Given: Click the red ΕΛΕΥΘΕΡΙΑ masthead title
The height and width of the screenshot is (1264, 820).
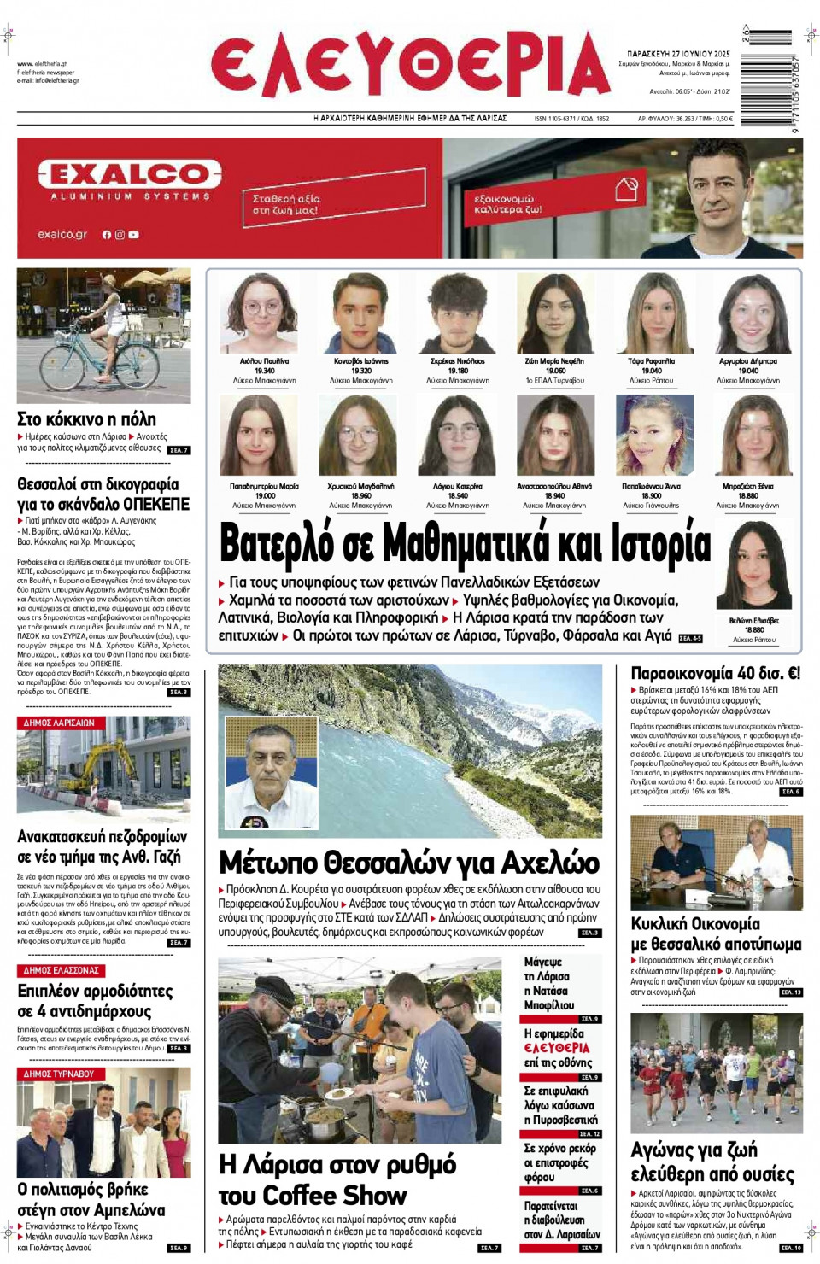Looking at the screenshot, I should tap(410, 65).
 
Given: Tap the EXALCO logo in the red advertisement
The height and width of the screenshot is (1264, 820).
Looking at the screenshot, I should tap(130, 175).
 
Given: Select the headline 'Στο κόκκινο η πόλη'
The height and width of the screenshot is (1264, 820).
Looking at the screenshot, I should tap(86, 419).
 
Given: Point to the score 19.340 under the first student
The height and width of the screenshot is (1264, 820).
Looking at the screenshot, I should tap(264, 371).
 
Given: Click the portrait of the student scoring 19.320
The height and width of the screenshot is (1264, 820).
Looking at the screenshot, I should tap(361, 313).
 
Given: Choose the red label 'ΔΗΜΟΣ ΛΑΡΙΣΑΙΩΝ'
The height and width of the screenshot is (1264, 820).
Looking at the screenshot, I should tap(59, 723).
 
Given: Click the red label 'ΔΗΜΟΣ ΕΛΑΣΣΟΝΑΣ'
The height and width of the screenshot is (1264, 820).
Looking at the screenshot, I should tap(61, 970).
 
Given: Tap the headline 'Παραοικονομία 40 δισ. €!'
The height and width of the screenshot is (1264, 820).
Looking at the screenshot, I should tap(715, 674).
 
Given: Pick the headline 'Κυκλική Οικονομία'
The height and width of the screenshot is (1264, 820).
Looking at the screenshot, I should tap(694, 923).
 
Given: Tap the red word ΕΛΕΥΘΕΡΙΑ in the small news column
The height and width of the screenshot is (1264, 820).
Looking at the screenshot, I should tap(557, 1048).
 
